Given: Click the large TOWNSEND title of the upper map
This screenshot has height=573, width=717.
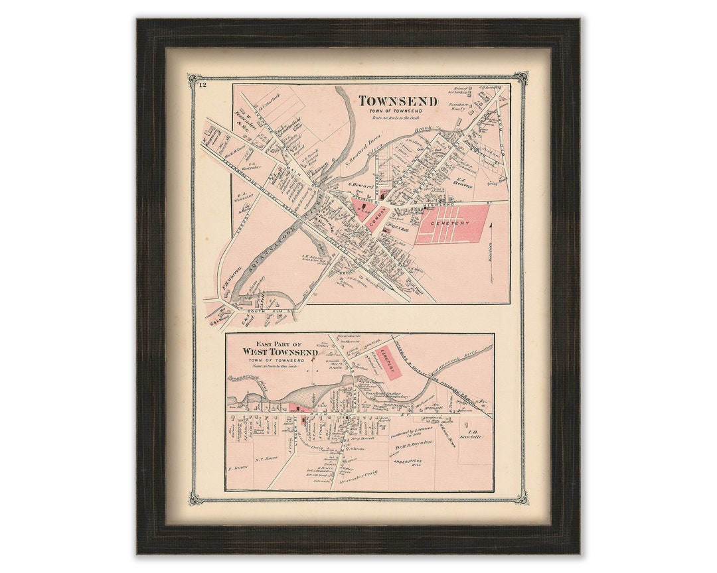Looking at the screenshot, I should tap(398, 101).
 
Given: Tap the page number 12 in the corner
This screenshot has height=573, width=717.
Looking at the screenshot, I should tap(202, 84).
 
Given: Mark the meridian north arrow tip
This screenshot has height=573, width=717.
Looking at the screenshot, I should tap(491, 225).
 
